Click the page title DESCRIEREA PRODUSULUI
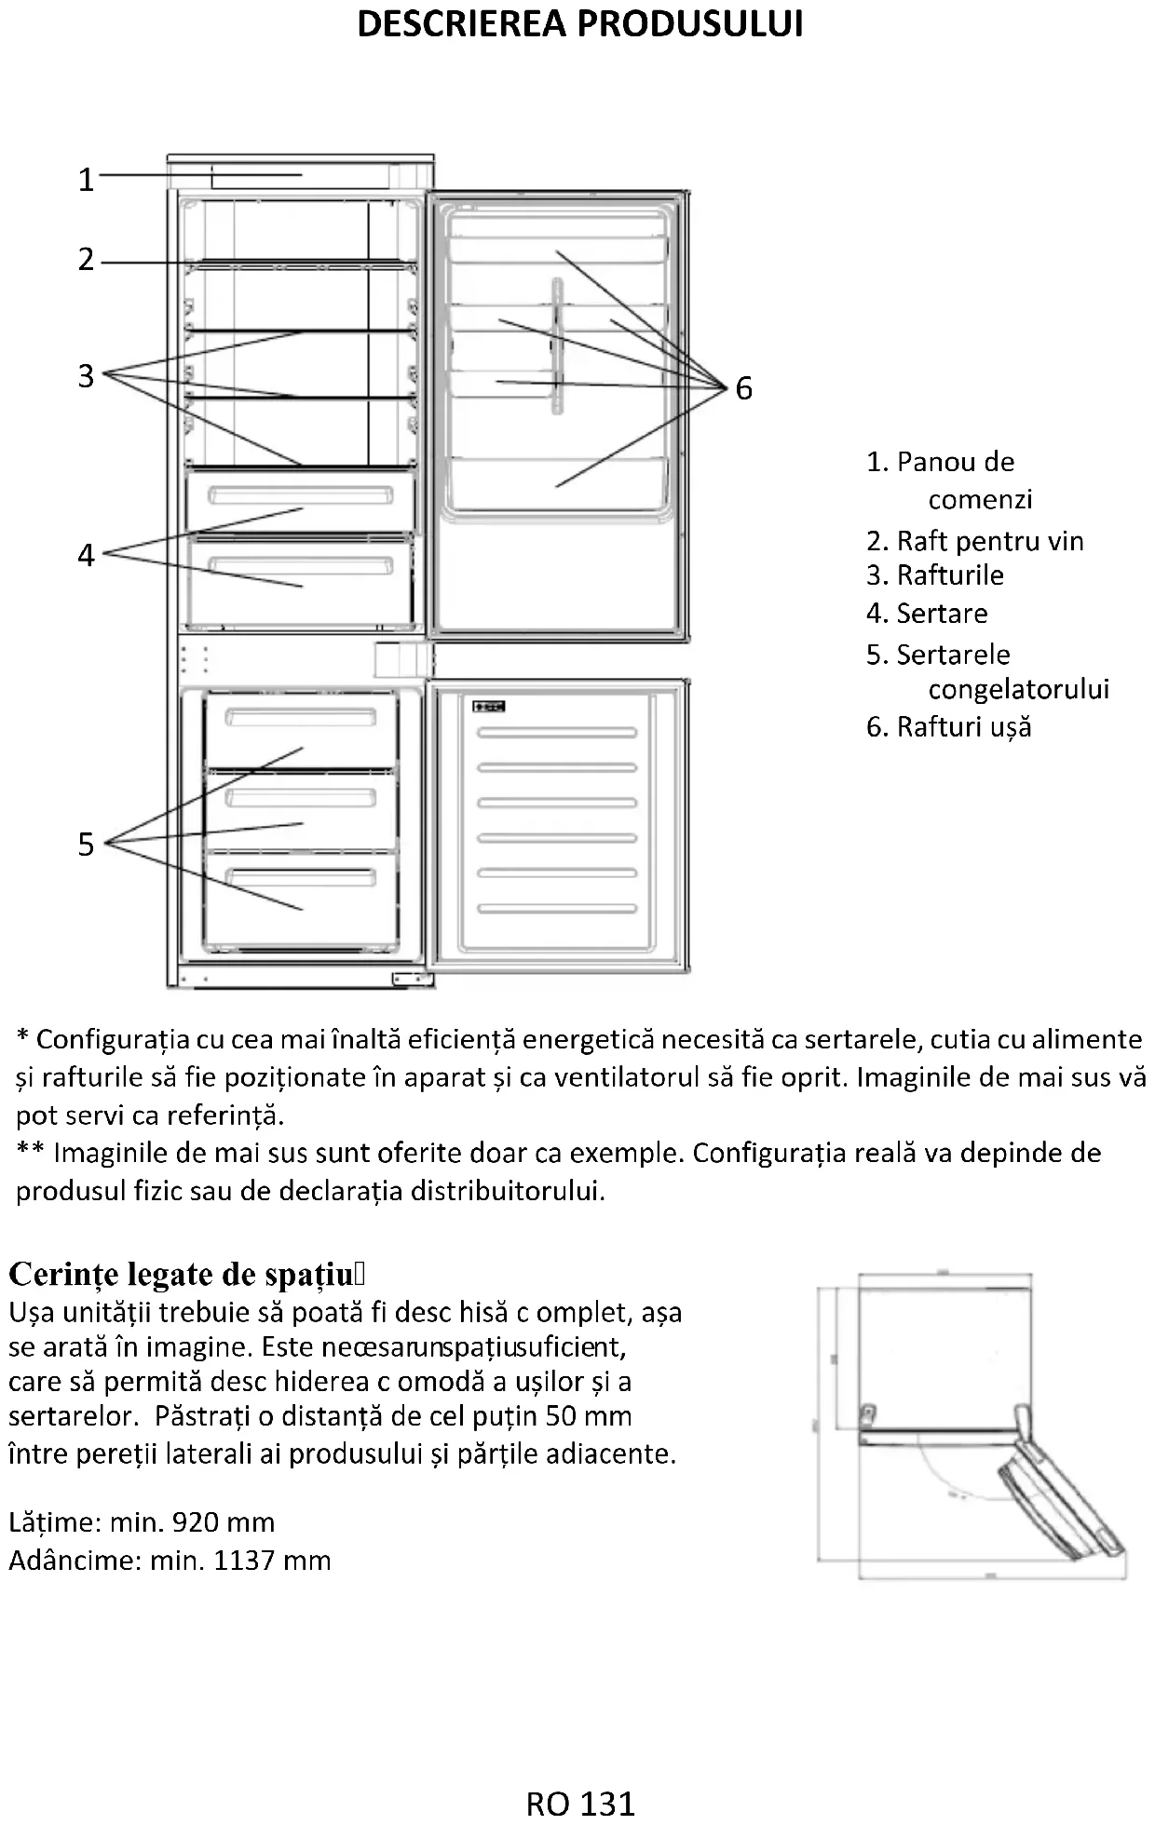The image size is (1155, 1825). pos(579,24)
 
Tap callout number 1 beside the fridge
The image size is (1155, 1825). pos(86,179)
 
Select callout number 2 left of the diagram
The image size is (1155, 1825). pos(86,259)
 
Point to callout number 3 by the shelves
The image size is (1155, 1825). pos(86,376)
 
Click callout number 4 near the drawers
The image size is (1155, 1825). pos(86,556)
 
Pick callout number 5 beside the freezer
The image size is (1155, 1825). pos(86,845)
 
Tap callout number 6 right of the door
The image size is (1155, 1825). pos(743,388)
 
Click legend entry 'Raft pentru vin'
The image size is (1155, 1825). pos(989,541)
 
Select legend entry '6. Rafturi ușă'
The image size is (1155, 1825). pos(948,726)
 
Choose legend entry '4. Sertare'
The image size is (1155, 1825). pos(927,613)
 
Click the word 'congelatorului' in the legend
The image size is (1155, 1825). pos(1018,689)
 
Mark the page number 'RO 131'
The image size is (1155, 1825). pos(579,1804)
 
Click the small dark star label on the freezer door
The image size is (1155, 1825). pos(489,706)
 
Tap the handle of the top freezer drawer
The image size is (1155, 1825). pos(300,717)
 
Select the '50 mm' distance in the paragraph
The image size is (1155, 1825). pos(589,1416)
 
